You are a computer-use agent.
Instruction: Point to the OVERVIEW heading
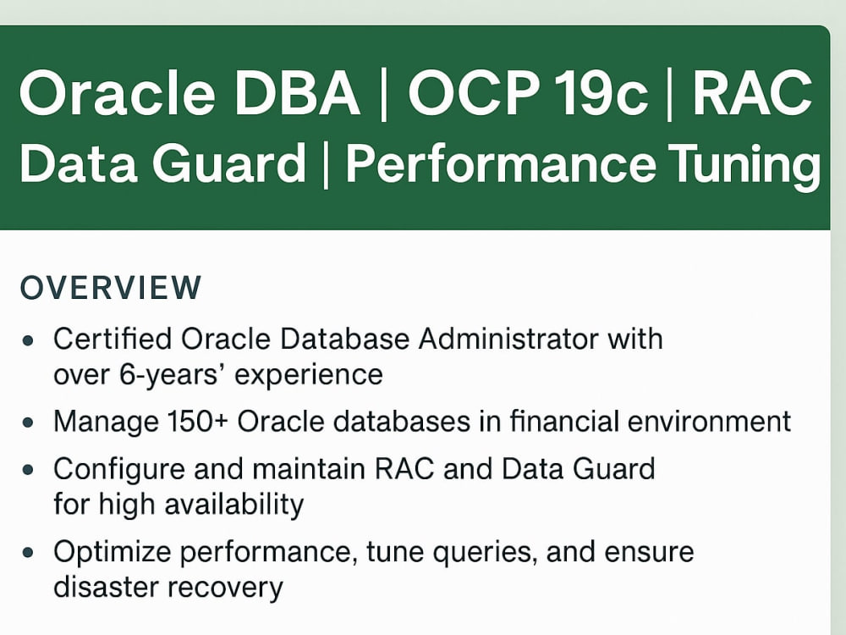111,288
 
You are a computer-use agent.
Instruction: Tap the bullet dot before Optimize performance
30,553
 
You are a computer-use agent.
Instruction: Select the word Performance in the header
499,164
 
